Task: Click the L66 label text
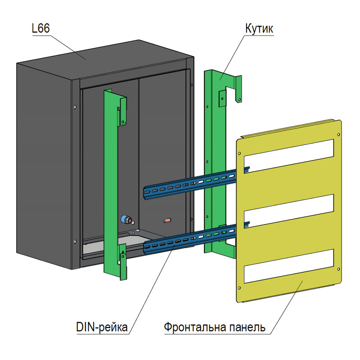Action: [40, 29]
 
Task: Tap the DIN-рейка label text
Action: [101, 326]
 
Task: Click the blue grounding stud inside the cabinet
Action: [125, 220]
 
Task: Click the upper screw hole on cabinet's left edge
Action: [75, 107]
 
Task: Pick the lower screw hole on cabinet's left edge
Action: [75, 241]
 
